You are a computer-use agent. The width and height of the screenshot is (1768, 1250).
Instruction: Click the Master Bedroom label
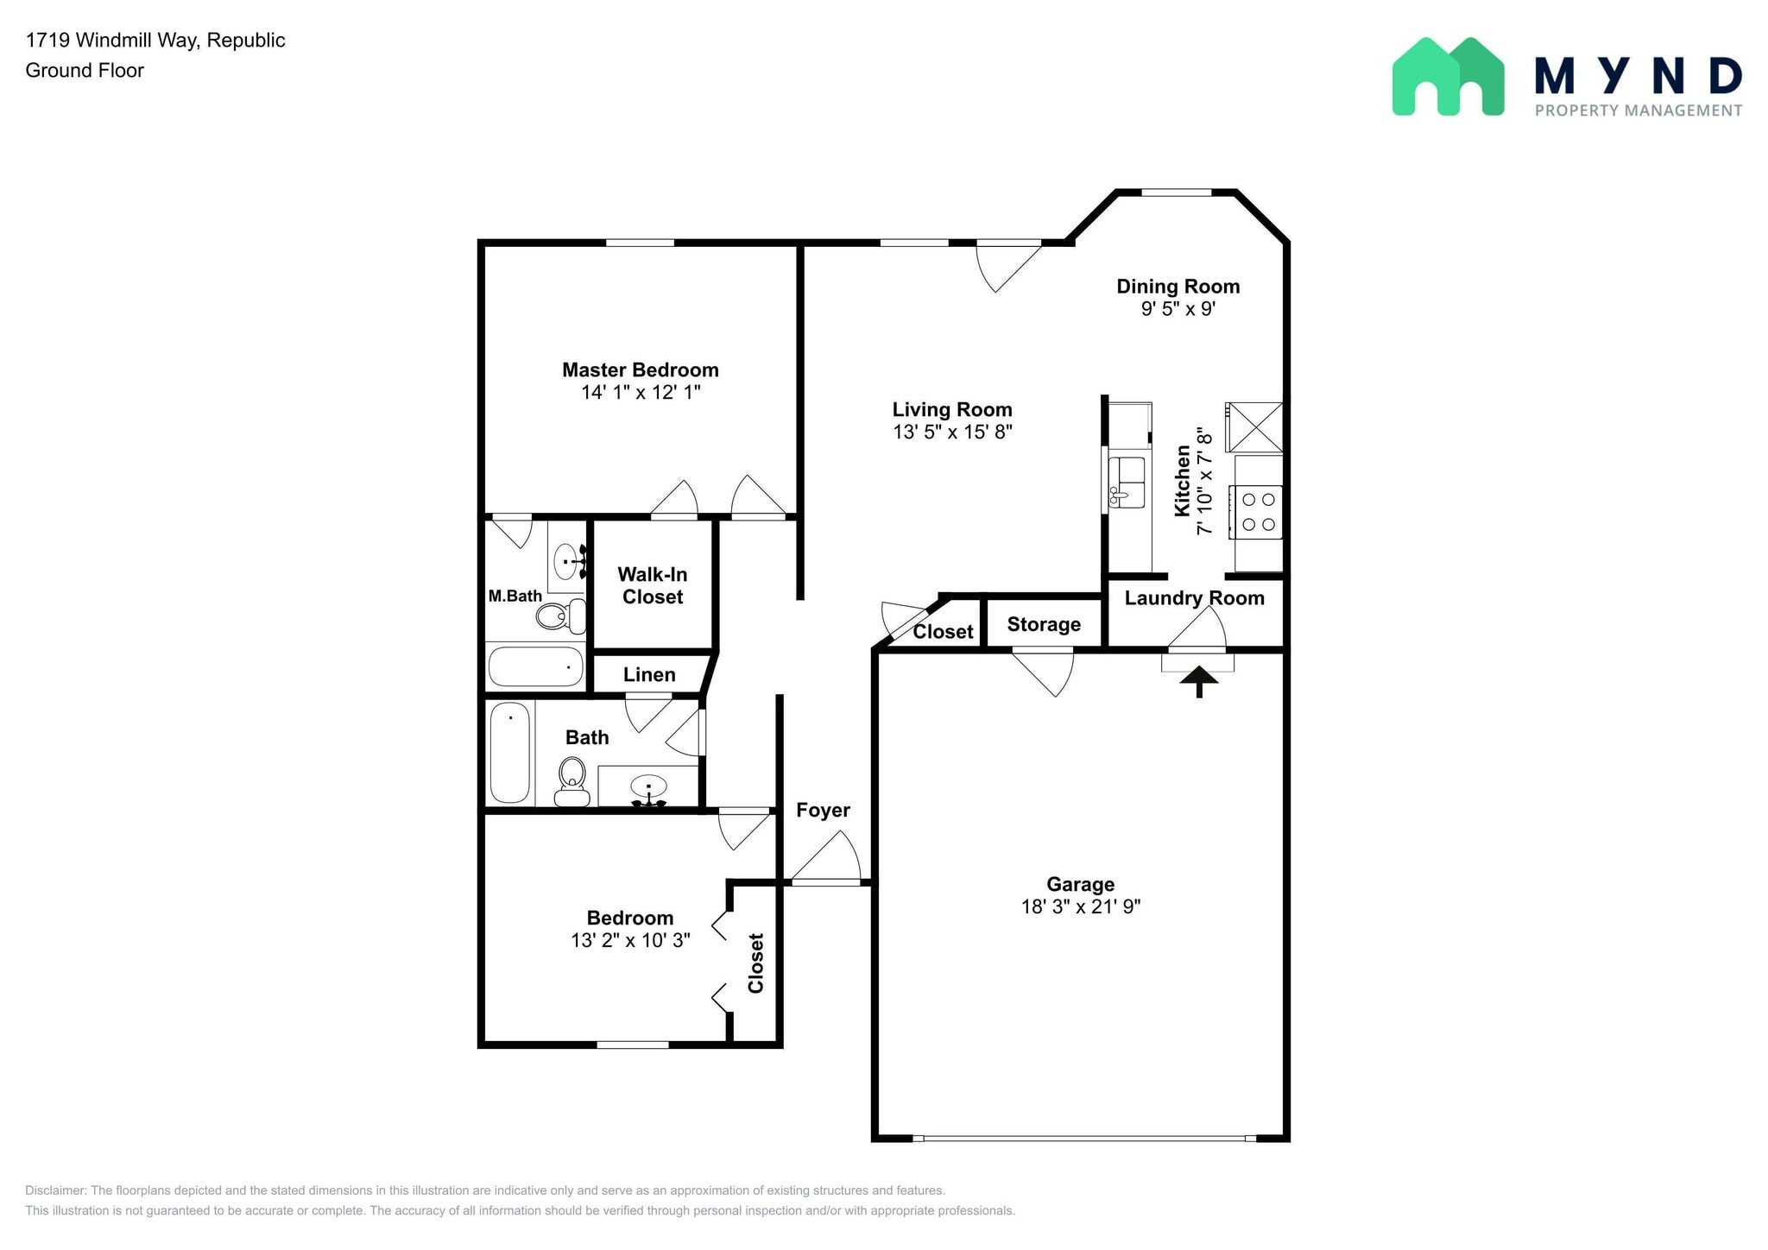tap(640, 369)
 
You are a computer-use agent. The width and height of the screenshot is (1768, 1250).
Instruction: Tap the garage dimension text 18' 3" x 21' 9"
tap(1080, 906)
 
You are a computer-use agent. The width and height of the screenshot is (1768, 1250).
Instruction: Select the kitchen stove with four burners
tap(1258, 512)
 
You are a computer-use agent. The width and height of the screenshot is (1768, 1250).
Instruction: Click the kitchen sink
tap(1127, 483)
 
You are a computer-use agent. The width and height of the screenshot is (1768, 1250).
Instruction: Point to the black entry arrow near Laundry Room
tap(1198, 681)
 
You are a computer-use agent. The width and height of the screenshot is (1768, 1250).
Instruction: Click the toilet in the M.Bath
tap(559, 616)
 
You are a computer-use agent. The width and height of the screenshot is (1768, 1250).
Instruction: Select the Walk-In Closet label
tap(653, 585)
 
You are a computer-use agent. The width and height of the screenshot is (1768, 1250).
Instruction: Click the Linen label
tap(649, 675)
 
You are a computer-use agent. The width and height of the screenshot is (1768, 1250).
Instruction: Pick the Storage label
tap(1044, 624)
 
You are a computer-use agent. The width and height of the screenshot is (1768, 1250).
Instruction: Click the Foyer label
tap(823, 810)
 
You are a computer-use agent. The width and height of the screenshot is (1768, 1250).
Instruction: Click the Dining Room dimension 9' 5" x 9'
tap(1178, 309)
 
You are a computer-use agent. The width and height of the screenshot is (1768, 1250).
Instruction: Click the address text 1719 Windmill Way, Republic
tap(155, 41)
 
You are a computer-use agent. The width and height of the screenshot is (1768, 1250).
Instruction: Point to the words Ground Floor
tap(85, 71)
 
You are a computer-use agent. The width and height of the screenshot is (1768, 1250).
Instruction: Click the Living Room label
tap(951, 409)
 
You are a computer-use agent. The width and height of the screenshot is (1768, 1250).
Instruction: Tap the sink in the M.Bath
tap(566, 561)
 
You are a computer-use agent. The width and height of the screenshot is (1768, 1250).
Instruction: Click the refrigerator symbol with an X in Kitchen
tap(1255, 426)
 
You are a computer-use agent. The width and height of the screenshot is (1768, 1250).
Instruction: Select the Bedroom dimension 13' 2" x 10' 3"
tap(630, 940)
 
